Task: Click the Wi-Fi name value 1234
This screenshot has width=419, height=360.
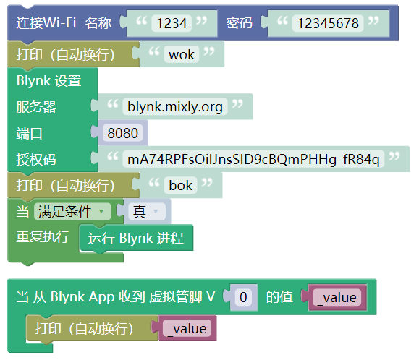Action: [172, 23]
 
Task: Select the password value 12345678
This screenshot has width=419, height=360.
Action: [328, 23]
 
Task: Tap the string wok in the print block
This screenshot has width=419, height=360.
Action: [182, 54]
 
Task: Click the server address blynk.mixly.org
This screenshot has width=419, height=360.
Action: [175, 107]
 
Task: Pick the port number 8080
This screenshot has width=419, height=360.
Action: [122, 133]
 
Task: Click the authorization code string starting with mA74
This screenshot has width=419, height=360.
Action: [253, 159]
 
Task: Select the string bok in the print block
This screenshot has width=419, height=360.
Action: [181, 185]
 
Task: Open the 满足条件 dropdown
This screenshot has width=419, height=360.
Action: [72, 211]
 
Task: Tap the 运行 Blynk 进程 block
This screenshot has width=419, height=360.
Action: [136, 238]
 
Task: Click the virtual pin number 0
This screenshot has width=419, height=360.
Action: [243, 297]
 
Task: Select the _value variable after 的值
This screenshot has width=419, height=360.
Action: [337, 297]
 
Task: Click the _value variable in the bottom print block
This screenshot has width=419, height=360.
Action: [187, 328]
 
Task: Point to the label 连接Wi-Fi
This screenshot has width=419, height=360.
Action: [46, 22]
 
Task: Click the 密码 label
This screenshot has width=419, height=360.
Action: [239, 23]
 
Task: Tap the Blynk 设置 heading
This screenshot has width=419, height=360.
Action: [49, 80]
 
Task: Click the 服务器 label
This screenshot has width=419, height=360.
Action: [36, 107]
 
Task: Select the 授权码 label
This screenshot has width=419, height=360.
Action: [36, 159]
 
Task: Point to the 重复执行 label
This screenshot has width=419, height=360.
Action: [43, 237]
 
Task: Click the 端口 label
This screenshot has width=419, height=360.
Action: [30, 134]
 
